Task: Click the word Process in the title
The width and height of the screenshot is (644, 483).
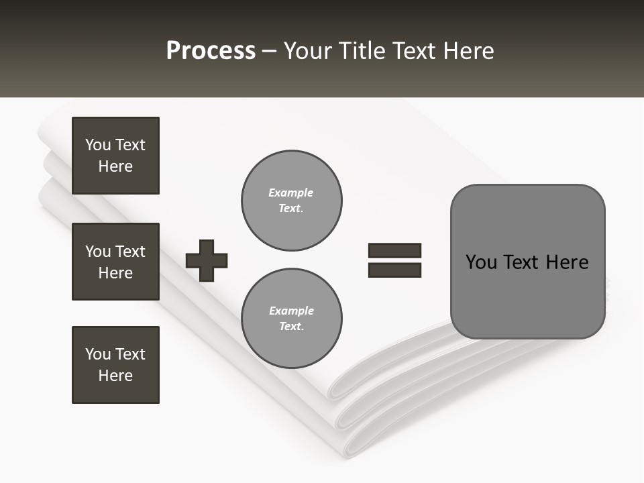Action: click(211, 51)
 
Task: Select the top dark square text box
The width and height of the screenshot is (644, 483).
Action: click(115, 156)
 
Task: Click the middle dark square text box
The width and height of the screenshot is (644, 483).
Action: click(115, 262)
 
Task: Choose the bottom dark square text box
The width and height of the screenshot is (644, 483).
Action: click(115, 365)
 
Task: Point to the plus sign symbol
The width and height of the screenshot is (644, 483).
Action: click(207, 260)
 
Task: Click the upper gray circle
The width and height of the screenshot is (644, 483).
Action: click(292, 201)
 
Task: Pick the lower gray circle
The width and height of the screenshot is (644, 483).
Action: click(292, 319)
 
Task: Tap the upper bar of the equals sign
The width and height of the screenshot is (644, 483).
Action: click(394, 251)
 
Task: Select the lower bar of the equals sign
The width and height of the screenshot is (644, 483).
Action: click(394, 270)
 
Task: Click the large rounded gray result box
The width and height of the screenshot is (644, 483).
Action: click(528, 262)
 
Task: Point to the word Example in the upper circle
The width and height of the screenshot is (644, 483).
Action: click(291, 193)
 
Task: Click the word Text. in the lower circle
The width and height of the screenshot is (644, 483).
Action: click(291, 326)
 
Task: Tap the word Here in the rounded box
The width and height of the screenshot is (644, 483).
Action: click(567, 262)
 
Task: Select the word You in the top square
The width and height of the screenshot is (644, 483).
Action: click(98, 145)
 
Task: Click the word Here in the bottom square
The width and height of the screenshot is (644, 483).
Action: click(115, 376)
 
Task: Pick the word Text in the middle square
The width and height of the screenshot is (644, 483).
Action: click(130, 252)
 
